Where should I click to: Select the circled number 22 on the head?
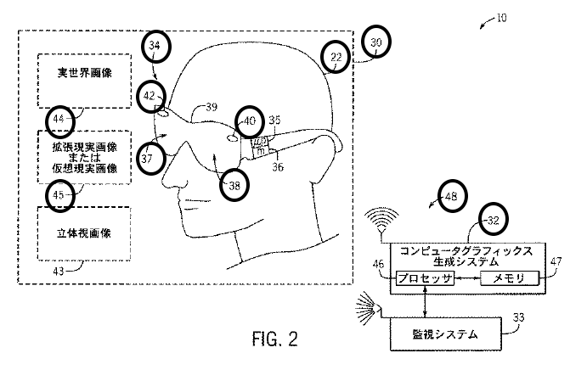pos(336,58)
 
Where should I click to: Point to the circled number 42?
pos(150,97)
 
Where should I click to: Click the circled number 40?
pos(249,122)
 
